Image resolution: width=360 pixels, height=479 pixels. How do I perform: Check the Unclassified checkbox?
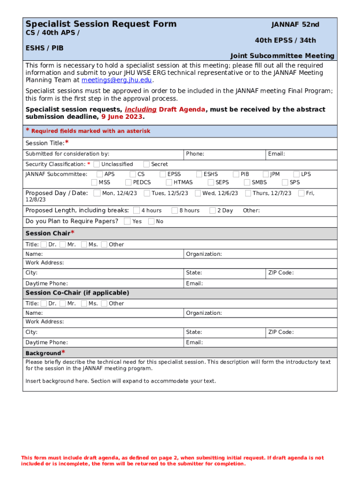tap(96, 164)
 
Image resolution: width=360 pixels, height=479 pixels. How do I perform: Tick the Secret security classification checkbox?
tap(146, 164)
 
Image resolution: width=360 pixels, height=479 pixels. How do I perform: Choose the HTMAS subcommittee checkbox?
tap(169, 182)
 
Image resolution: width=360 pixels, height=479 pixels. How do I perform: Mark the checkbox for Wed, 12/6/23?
tap(198, 193)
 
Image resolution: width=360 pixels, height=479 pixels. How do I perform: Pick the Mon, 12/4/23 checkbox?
tap(97, 193)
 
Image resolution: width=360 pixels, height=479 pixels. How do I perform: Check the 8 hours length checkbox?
tap(174, 210)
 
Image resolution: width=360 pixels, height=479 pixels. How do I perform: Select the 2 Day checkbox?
tap(213, 210)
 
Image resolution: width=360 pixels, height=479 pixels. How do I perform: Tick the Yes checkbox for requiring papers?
tap(127, 221)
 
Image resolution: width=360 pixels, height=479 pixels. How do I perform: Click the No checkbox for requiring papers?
tap(151, 221)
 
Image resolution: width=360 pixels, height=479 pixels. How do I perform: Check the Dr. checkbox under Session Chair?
tap(43, 244)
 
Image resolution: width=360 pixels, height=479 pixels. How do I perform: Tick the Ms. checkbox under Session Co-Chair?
tap(84, 303)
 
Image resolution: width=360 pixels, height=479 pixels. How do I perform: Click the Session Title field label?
tap(45, 143)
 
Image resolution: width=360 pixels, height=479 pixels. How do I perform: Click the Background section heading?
tap(43, 353)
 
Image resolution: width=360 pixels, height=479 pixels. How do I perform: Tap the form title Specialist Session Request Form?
tap(101, 24)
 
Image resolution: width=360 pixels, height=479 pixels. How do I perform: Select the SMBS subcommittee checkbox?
tap(247, 182)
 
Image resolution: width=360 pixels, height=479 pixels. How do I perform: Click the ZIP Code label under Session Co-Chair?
tap(281, 332)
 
